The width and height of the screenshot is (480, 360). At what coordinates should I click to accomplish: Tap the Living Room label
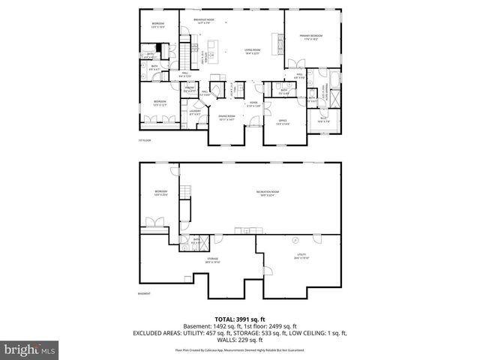point(251,52)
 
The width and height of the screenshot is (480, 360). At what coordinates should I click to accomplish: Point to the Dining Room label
point(226,118)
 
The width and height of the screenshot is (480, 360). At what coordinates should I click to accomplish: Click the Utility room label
point(301,256)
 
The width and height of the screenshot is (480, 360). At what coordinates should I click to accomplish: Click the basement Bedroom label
point(161,193)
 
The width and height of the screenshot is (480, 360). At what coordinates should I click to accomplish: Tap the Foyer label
point(254,103)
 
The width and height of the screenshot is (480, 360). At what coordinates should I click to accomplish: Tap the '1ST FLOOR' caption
point(145,140)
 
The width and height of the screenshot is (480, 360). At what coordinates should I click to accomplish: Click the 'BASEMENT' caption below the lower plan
point(145,293)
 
